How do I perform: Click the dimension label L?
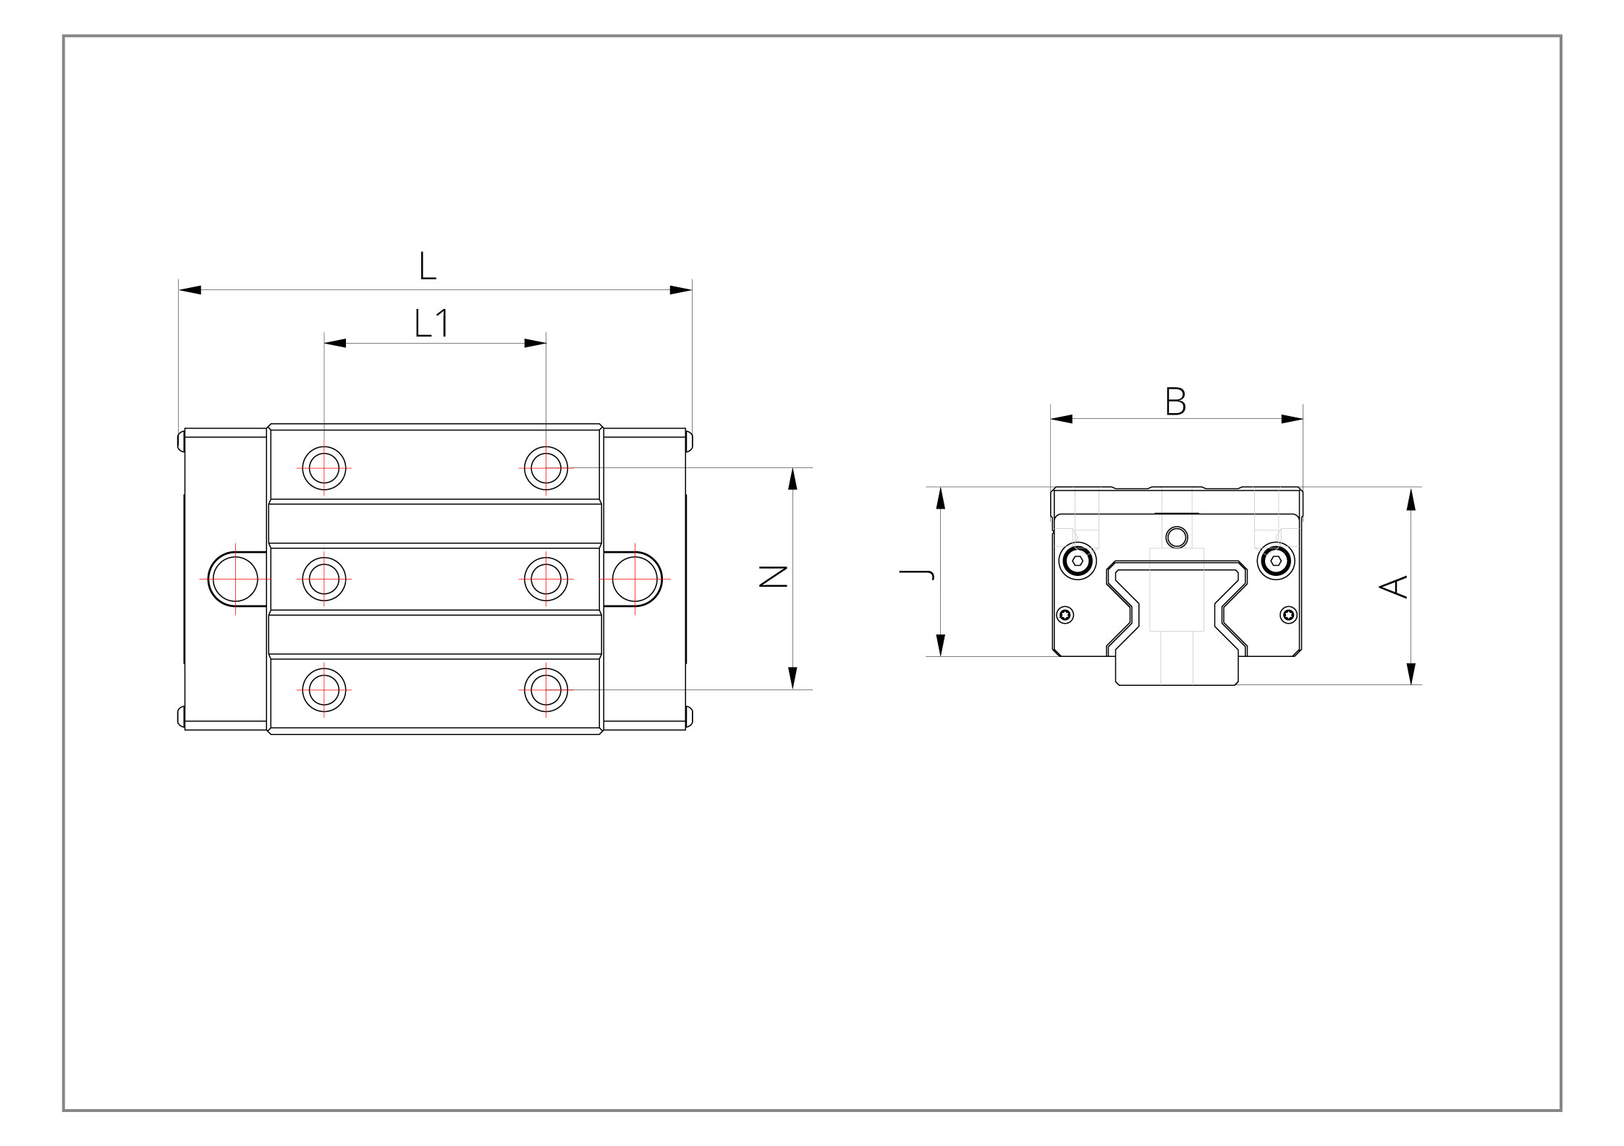point(427,266)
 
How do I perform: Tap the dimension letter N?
point(773,576)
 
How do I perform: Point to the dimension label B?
point(1175,401)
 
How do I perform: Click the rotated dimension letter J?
point(917,574)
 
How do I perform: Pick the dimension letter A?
point(1393,586)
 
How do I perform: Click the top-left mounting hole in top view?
point(324,468)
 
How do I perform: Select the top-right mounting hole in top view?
point(546,468)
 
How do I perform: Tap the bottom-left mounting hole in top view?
point(324,690)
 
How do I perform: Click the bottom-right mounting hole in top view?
point(546,690)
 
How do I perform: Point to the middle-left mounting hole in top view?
point(324,579)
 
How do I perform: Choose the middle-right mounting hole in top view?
point(546,579)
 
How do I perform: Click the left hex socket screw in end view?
point(1078,561)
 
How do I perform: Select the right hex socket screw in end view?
point(1275,561)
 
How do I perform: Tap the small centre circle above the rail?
point(1177,538)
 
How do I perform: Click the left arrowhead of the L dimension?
point(190,290)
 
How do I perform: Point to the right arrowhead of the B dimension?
point(1292,419)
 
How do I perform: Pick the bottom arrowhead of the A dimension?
point(1411,674)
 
